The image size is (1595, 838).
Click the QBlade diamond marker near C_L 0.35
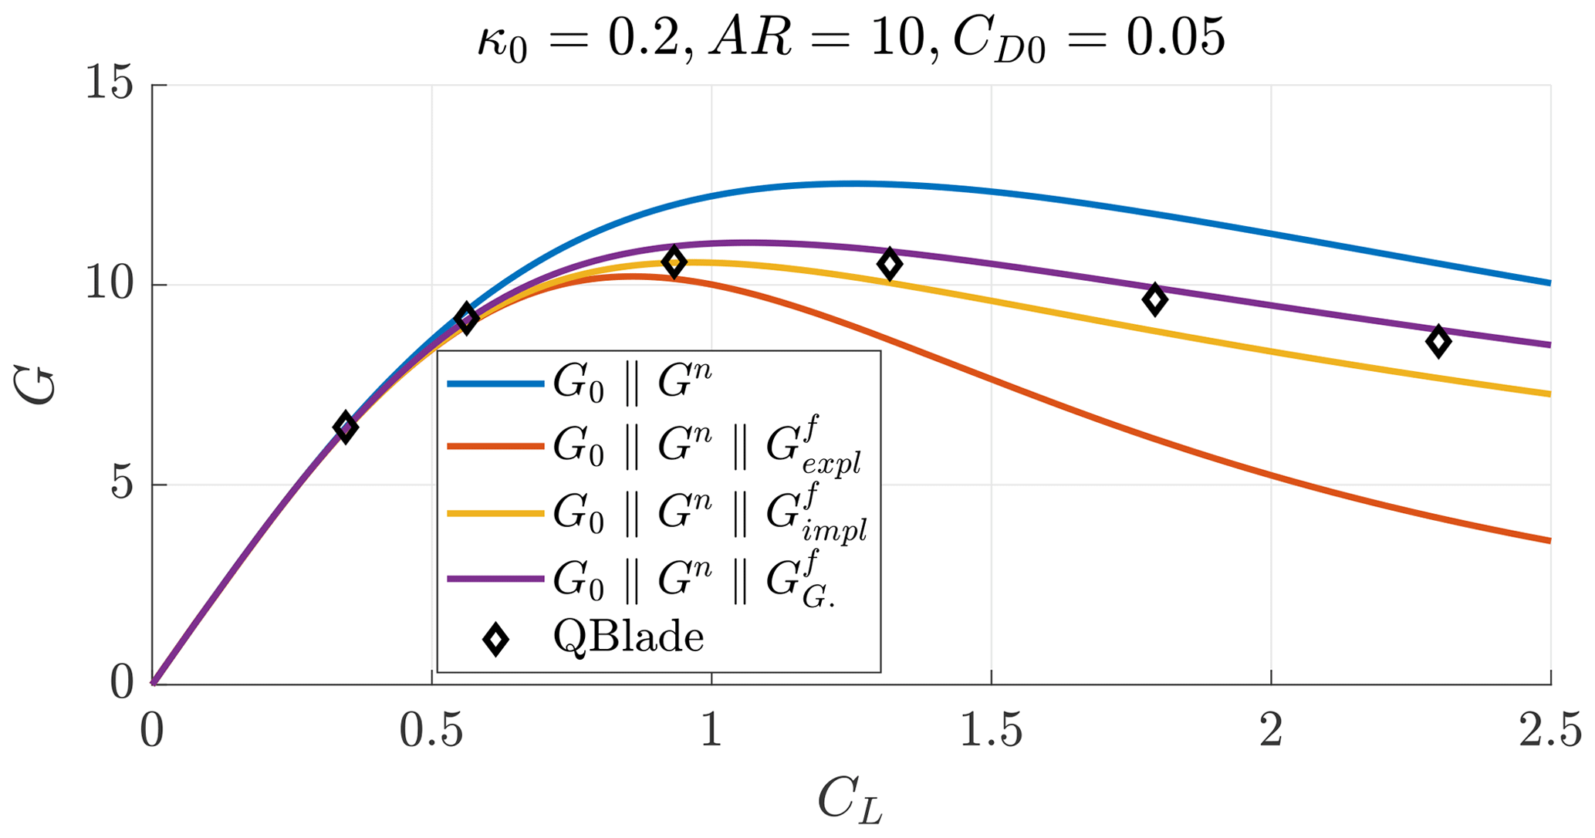345,427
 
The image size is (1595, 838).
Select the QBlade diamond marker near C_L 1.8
1154,299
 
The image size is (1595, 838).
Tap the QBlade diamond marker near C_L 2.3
1438,341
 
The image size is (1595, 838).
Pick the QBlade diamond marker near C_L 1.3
890,264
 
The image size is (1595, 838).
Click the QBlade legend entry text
628,638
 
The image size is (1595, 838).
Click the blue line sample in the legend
495,384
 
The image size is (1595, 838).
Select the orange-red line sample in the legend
495,446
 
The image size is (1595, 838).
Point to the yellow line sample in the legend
495,512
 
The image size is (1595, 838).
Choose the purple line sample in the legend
495,578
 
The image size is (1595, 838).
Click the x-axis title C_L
850,801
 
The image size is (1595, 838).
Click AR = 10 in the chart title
819,39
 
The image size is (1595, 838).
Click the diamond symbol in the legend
495,639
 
